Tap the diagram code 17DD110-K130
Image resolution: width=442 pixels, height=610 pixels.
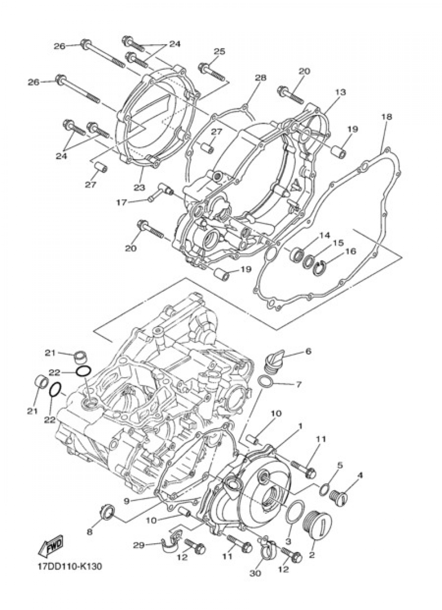point(69,567)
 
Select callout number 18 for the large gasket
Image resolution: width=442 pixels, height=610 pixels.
point(386,117)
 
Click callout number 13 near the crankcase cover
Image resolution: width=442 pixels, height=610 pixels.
point(340,92)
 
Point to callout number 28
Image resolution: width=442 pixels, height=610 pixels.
point(261,78)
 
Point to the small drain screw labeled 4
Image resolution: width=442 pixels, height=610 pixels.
point(341,496)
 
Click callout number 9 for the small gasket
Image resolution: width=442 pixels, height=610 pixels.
point(126,501)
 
